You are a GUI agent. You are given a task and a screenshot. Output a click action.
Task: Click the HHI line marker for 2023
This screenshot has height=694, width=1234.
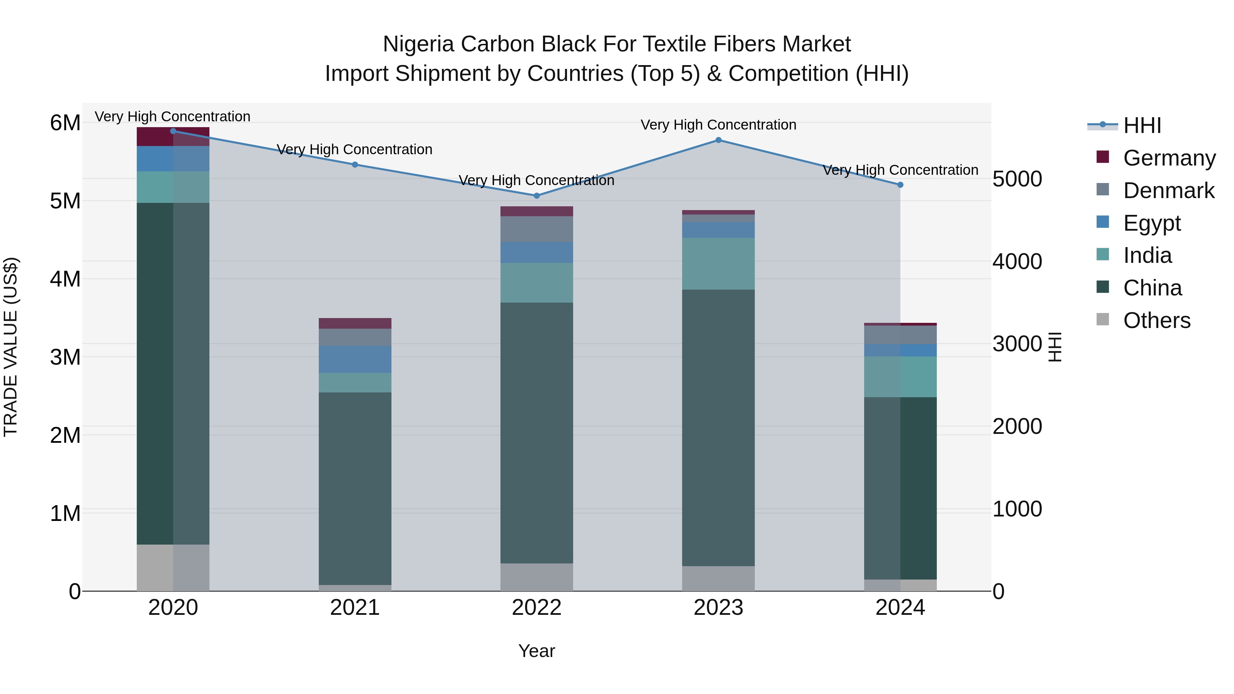pos(718,140)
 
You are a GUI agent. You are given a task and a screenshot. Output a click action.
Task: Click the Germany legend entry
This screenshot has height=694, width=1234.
pos(1169,158)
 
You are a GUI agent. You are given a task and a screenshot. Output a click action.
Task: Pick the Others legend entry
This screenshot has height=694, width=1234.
pos(1157,320)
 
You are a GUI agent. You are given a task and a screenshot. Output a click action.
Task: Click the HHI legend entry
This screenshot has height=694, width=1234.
pos(1142,125)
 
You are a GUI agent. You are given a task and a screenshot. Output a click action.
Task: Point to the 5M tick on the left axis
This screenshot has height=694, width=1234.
pos(65,201)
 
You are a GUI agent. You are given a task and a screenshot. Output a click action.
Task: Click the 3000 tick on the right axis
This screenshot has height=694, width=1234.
pos(1017,344)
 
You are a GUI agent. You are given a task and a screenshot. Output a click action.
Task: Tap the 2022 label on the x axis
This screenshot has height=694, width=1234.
pos(536,608)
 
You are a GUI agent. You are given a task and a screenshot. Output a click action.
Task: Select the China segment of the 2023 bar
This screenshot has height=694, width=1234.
pos(718,427)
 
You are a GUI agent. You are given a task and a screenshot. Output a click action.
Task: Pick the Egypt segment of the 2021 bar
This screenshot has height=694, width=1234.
pos(355,359)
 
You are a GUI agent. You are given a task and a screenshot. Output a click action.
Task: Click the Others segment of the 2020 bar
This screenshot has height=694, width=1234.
pos(173,568)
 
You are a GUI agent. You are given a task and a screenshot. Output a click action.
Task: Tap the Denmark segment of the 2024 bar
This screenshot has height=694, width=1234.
pos(900,335)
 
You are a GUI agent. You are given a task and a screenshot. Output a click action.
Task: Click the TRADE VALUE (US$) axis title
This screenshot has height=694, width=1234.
pos(11,347)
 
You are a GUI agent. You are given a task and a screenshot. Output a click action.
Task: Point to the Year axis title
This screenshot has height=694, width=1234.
pos(536,651)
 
